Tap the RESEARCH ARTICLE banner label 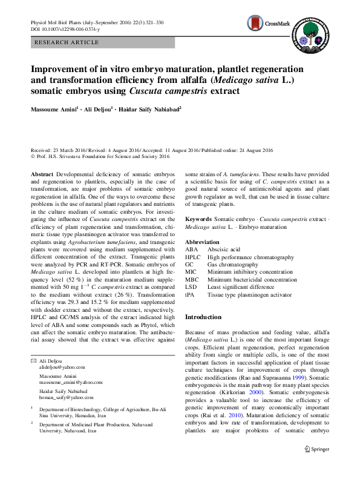click(x=67, y=42)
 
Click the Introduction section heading click(x=203, y=317)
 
